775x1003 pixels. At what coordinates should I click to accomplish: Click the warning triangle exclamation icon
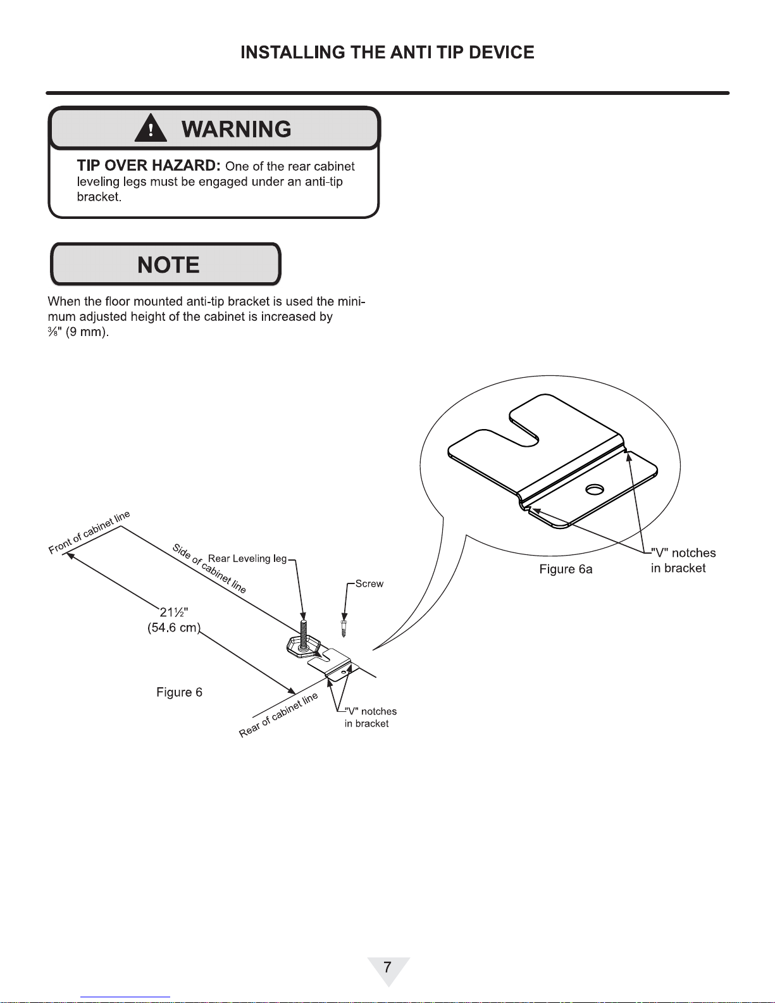[x=151, y=128]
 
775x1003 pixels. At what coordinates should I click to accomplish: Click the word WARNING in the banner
[x=236, y=129]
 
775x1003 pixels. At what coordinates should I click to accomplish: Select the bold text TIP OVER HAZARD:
[x=148, y=166]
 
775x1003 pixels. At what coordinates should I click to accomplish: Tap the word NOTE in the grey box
[x=168, y=265]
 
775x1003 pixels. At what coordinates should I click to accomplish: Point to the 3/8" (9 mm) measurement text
[x=78, y=332]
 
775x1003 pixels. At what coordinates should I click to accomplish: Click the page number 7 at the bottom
[x=387, y=967]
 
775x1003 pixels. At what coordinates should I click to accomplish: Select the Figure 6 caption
[x=179, y=692]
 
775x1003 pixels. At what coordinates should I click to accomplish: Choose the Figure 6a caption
[x=566, y=570]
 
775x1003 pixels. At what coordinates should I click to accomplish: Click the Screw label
[x=369, y=583]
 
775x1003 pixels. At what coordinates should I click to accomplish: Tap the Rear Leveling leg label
[x=247, y=559]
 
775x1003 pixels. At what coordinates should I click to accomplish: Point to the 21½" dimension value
[x=173, y=612]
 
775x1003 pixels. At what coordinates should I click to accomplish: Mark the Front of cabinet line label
[x=89, y=532]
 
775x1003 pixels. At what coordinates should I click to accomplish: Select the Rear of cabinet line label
[x=278, y=715]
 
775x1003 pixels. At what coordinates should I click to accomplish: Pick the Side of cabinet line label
[x=209, y=568]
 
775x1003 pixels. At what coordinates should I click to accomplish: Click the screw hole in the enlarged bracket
[x=594, y=489]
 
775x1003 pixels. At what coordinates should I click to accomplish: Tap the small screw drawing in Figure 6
[x=344, y=628]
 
